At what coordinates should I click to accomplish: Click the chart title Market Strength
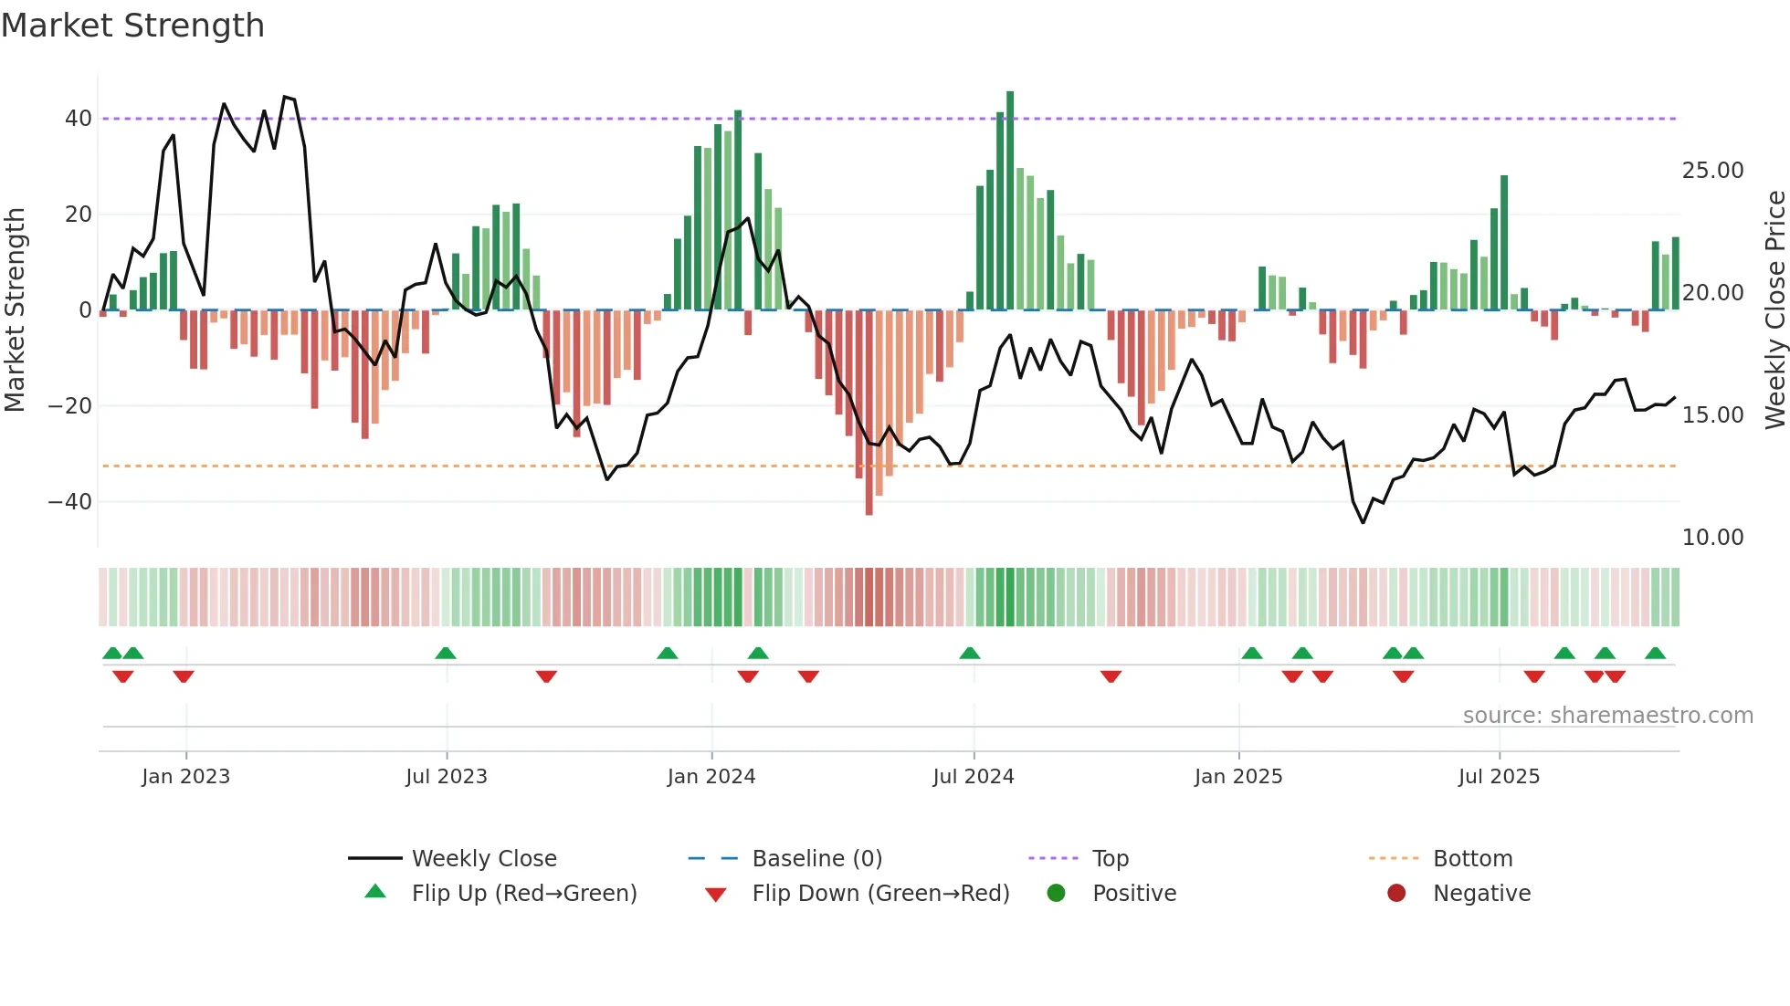[132, 26]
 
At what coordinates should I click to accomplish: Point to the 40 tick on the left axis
[78, 119]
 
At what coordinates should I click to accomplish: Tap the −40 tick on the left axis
[69, 502]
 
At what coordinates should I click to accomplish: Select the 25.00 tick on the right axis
[1712, 171]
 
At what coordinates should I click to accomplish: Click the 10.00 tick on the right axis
[1712, 538]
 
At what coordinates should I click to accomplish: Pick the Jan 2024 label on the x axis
[711, 777]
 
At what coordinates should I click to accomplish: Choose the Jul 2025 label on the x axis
[1499, 777]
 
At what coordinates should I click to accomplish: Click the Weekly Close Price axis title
[1774, 310]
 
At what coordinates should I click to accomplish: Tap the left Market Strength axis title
[15, 310]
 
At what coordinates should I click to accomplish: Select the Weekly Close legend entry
[484, 859]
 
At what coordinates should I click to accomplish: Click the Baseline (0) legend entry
[816, 859]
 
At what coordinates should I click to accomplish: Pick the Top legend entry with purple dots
[1111, 859]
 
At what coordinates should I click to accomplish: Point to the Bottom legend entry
[1472, 859]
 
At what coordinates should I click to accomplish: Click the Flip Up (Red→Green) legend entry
[524, 894]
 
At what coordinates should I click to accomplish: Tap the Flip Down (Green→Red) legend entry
[880, 894]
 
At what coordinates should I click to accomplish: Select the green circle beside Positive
[1056, 894]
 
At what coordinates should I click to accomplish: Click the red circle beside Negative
[1395, 894]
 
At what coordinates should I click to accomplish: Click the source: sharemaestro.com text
[1607, 716]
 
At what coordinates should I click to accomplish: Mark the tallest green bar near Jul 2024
[1010, 201]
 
